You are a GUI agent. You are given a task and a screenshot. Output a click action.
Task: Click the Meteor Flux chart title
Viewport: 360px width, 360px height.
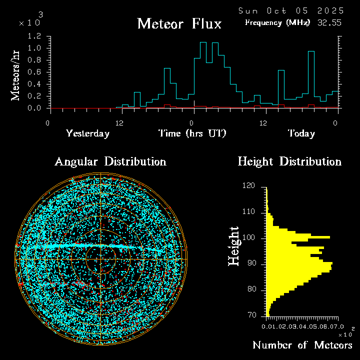pos(179,24)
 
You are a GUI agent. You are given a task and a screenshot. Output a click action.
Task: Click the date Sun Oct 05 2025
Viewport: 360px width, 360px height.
pos(291,10)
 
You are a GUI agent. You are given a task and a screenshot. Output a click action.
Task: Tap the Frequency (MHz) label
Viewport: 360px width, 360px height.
pos(277,22)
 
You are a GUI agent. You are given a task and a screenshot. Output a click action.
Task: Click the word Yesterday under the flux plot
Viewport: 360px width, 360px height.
pos(87,133)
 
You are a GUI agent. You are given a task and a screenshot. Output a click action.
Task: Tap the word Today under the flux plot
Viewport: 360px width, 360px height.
pos(301,133)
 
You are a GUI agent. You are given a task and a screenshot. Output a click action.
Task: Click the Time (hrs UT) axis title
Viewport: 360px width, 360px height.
pos(192,133)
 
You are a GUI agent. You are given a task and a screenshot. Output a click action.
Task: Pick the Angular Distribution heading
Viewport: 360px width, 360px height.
pos(110,161)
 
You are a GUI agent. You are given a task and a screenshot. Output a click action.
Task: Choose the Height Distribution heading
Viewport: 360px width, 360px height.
pos(289,161)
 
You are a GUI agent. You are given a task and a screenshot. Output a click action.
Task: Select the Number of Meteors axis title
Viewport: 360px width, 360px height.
pos(302,345)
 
